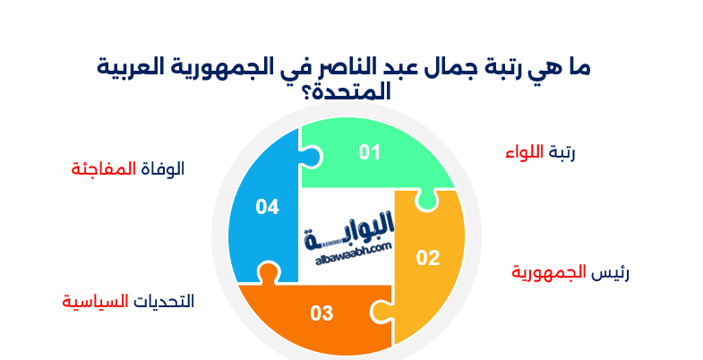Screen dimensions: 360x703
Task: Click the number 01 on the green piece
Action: coord(370,152)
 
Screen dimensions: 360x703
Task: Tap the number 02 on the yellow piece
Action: coord(428,259)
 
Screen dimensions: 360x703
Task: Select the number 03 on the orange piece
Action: coord(321,313)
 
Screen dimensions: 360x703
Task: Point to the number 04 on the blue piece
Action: coord(267,207)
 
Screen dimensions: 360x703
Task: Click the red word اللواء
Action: coord(525,152)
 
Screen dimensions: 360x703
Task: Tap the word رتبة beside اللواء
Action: coord(562,153)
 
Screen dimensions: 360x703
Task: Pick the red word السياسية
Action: coord(91,301)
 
